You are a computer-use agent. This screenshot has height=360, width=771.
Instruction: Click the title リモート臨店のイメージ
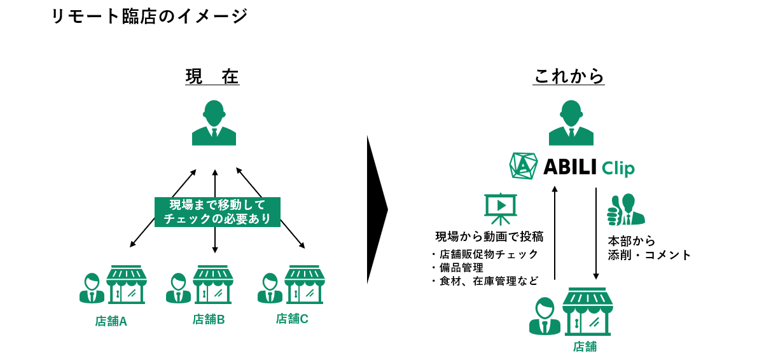pyautogui.click(x=149, y=16)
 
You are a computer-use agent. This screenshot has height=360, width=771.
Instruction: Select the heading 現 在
pyautogui.click(x=212, y=77)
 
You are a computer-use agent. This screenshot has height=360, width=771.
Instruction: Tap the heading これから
pyautogui.click(x=569, y=77)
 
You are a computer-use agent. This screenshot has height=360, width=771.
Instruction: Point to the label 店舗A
pyautogui.click(x=111, y=321)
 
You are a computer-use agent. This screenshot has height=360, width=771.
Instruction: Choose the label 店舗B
pyautogui.click(x=209, y=319)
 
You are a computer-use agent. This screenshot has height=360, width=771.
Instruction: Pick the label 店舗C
pyautogui.click(x=292, y=319)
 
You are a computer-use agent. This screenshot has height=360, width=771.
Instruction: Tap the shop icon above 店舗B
pyautogui.click(x=213, y=284)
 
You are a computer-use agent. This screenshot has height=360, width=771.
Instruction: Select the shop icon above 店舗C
pyautogui.click(x=304, y=284)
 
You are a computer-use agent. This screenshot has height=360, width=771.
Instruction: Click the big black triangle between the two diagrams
pyautogui.click(x=377, y=209)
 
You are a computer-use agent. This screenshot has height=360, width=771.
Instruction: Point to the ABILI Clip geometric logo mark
pyautogui.click(x=524, y=165)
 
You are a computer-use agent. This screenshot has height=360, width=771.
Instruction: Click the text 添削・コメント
pyautogui.click(x=649, y=255)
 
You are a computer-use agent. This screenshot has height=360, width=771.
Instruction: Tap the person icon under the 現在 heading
pyautogui.click(x=214, y=122)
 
